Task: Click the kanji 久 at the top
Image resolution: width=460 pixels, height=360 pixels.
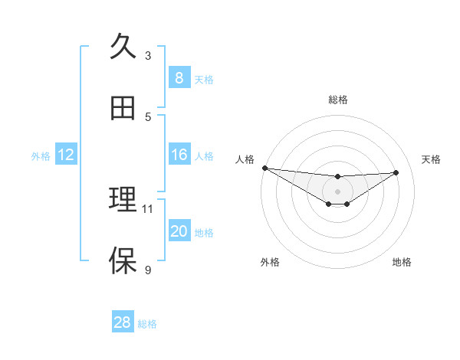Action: [123, 47]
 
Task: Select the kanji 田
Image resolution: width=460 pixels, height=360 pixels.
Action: [123, 108]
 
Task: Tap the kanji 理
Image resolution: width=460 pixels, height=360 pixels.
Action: [123, 200]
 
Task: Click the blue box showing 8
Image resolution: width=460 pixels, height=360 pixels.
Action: [179, 78]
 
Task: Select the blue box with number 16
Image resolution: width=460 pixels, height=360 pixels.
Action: [179, 155]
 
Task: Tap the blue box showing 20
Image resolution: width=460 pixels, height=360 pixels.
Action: [179, 232]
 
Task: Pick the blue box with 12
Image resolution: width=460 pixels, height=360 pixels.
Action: [66, 155]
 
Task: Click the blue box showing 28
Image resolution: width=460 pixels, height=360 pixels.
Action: [123, 322]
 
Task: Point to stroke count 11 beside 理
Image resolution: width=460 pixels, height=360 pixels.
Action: [148, 208]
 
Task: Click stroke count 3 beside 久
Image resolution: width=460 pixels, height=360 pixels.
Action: [148, 55]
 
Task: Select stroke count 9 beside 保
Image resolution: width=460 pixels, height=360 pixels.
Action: [148, 270]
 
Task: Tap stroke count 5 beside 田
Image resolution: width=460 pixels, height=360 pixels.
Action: [148, 116]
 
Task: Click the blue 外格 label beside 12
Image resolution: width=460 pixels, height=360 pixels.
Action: [41, 156]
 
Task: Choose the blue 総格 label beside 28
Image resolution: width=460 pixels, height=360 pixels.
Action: [147, 324]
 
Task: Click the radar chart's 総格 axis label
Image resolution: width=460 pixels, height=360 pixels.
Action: [338, 100]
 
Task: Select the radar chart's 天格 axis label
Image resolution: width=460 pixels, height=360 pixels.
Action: [432, 159]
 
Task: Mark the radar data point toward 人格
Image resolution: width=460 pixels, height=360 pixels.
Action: [264, 168]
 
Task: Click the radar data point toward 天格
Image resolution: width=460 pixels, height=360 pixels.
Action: [396, 172]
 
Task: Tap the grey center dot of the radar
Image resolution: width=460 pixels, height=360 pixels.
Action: [337, 191]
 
